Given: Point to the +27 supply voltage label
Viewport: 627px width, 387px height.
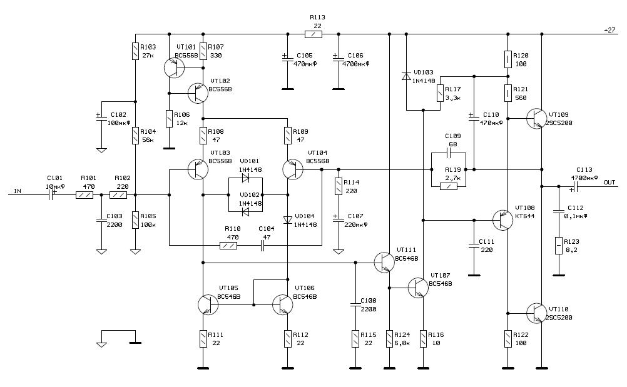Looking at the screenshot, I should click(609, 30).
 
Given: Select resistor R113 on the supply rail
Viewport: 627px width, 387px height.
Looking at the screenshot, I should click(313, 34).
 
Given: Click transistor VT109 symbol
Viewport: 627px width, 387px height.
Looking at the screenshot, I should click(536, 118).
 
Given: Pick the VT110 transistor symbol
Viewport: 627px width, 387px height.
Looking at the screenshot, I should click(536, 313).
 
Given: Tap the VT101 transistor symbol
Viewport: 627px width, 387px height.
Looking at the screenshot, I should click(173, 68).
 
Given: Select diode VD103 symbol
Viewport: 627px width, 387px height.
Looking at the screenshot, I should click(406, 76).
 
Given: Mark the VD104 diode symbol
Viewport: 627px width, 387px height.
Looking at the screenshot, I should click(287, 219).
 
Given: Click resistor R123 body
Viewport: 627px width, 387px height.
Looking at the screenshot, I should click(557, 246).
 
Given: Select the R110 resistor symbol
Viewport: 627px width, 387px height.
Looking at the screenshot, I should click(228, 246).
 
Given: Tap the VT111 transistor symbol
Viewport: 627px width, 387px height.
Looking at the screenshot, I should click(384, 262).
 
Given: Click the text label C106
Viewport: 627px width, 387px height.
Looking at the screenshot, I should click(355, 55).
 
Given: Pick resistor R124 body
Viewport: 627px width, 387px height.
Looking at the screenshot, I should click(390, 338).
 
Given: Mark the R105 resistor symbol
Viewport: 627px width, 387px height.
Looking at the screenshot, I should click(136, 220).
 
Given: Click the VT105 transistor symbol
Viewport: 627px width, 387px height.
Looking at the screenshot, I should click(208, 304).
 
